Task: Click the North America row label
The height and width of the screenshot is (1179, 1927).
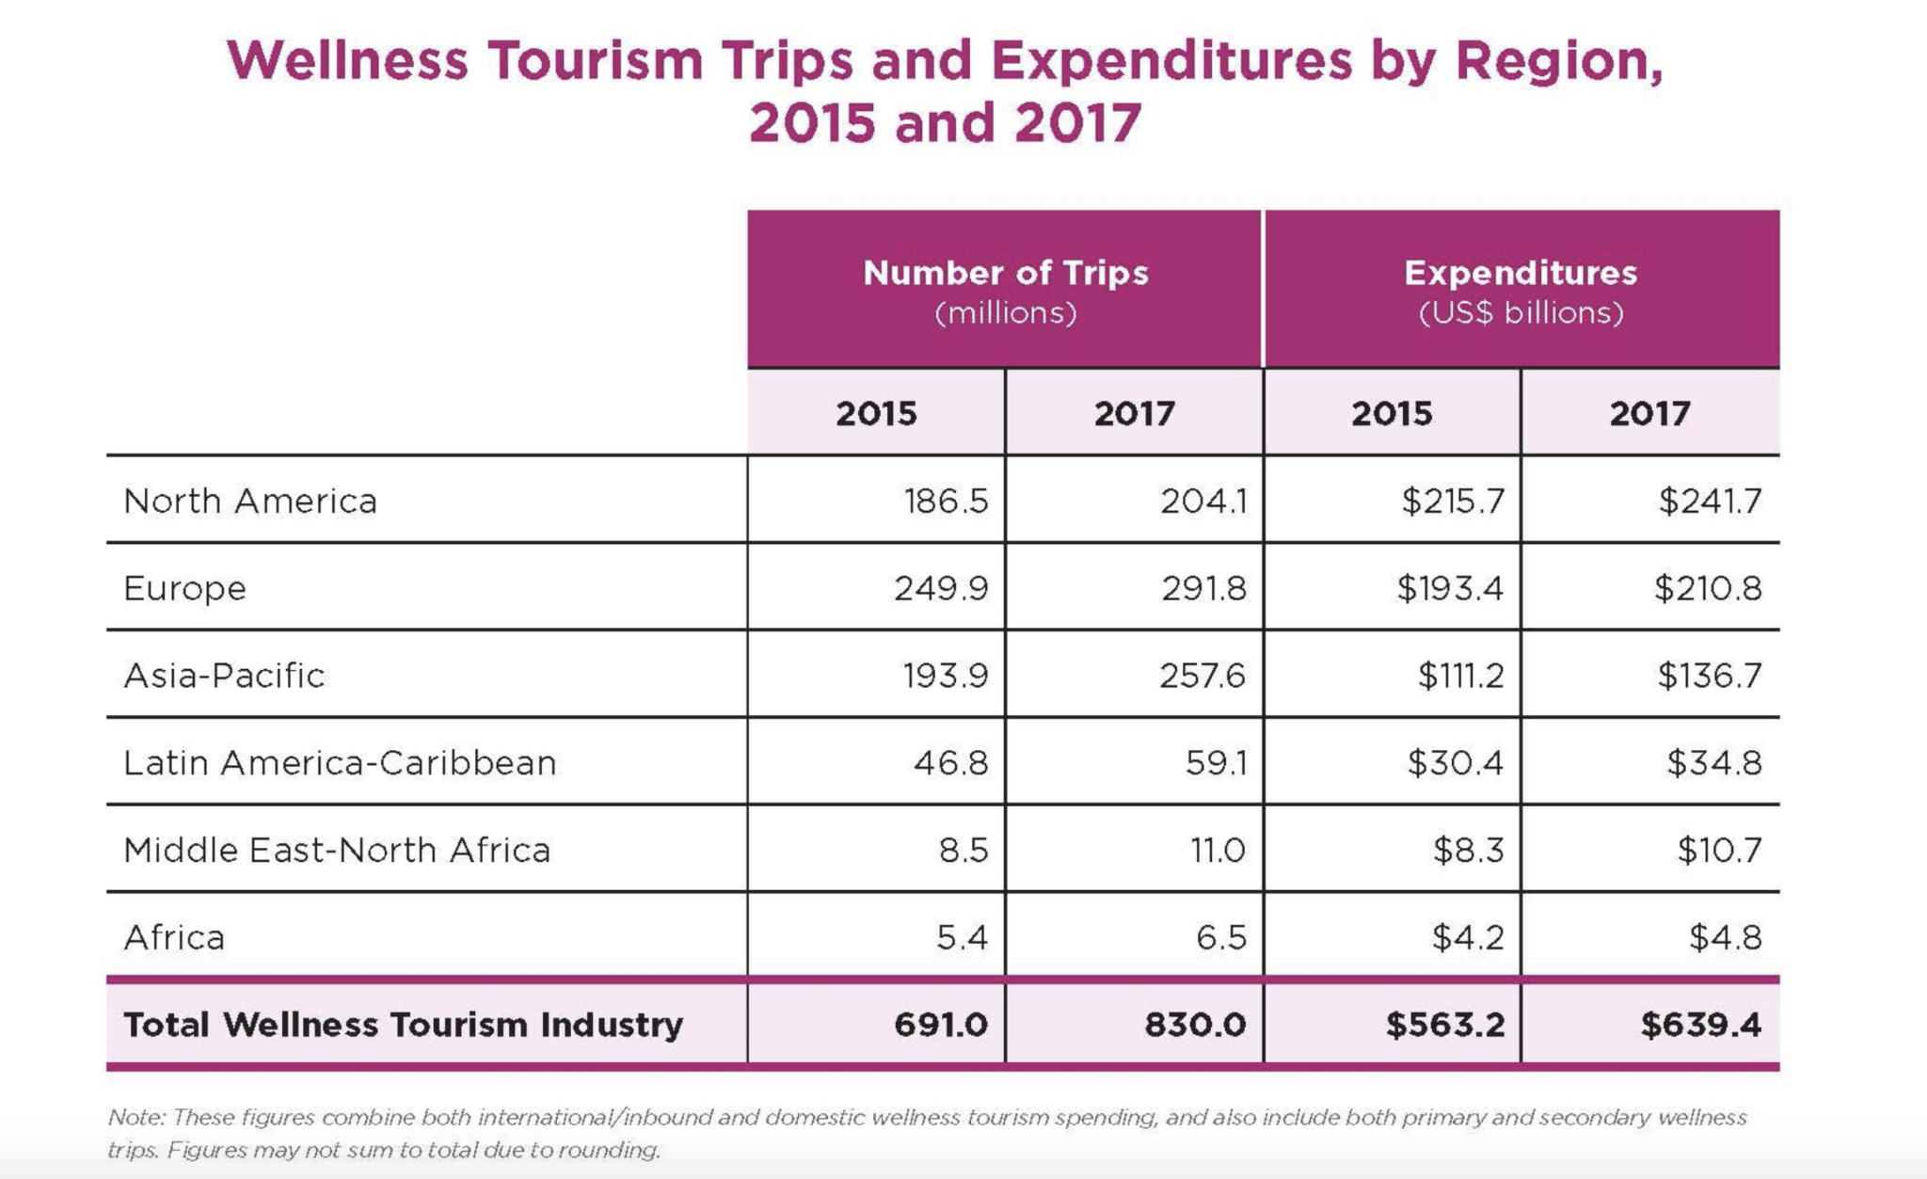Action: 250,502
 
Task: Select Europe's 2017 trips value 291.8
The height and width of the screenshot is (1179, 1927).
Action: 1203,589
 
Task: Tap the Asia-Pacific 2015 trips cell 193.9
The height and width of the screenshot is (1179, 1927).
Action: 946,676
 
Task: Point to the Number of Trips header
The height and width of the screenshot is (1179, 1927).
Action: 1005,273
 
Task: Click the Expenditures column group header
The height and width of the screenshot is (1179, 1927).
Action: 1521,273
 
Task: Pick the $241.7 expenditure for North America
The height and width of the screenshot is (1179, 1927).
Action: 1710,502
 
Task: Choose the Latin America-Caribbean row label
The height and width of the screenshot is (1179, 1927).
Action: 340,763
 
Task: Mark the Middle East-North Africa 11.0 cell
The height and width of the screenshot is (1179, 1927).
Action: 1218,851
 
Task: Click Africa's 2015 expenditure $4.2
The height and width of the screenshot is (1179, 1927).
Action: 1468,938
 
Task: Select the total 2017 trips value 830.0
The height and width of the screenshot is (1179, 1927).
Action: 1195,1025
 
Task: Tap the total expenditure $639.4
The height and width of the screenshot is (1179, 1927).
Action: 1700,1025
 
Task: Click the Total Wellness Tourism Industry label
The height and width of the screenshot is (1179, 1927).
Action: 403,1025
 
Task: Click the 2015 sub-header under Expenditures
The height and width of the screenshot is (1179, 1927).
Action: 1392,414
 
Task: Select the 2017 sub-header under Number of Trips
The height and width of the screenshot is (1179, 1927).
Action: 1134,414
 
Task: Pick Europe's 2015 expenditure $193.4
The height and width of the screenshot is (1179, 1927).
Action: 1450,589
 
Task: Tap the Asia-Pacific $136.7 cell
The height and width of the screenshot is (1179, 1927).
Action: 1710,676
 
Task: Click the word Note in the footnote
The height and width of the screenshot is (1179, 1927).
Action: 135,1118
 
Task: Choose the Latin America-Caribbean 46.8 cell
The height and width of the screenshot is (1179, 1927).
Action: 951,763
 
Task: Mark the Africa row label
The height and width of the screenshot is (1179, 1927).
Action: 174,938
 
